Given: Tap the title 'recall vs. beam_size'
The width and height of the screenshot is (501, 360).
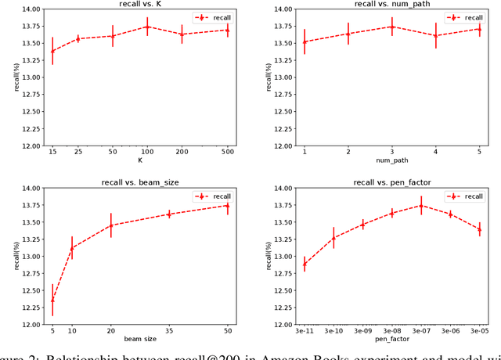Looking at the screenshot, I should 140,182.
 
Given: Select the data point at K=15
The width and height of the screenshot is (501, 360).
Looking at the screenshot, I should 52,51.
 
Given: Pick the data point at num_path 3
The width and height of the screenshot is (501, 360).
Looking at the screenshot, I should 392,27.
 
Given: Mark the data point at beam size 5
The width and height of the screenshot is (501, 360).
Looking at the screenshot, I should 52,300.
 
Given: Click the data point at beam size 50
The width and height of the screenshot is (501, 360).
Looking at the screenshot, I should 228,205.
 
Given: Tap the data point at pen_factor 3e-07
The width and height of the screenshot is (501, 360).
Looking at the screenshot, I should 421,206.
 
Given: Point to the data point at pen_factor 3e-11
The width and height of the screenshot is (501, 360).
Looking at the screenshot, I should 305,264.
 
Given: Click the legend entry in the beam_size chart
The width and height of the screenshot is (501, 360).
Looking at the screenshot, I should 215,196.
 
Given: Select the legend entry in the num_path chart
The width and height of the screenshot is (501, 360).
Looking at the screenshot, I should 467,17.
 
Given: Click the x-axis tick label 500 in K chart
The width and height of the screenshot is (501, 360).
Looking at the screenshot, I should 228,153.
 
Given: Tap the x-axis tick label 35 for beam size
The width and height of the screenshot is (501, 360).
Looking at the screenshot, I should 169,331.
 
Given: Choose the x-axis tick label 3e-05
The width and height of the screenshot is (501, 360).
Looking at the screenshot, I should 479,331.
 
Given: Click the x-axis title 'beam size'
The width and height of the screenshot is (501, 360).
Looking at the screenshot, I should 140,340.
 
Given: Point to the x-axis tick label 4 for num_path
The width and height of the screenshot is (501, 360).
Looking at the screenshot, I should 436,153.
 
